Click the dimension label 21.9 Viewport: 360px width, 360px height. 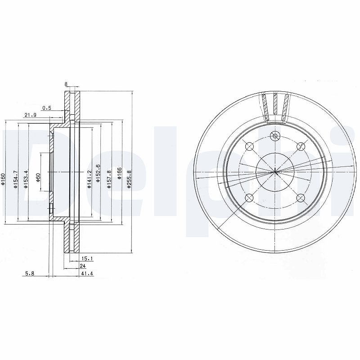30,115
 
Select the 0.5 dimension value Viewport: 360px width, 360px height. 47,108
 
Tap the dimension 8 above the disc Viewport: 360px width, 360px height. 66,84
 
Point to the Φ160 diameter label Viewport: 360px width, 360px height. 3,179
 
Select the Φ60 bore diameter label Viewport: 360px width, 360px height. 38,178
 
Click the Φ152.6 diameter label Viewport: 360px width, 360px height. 98,173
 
